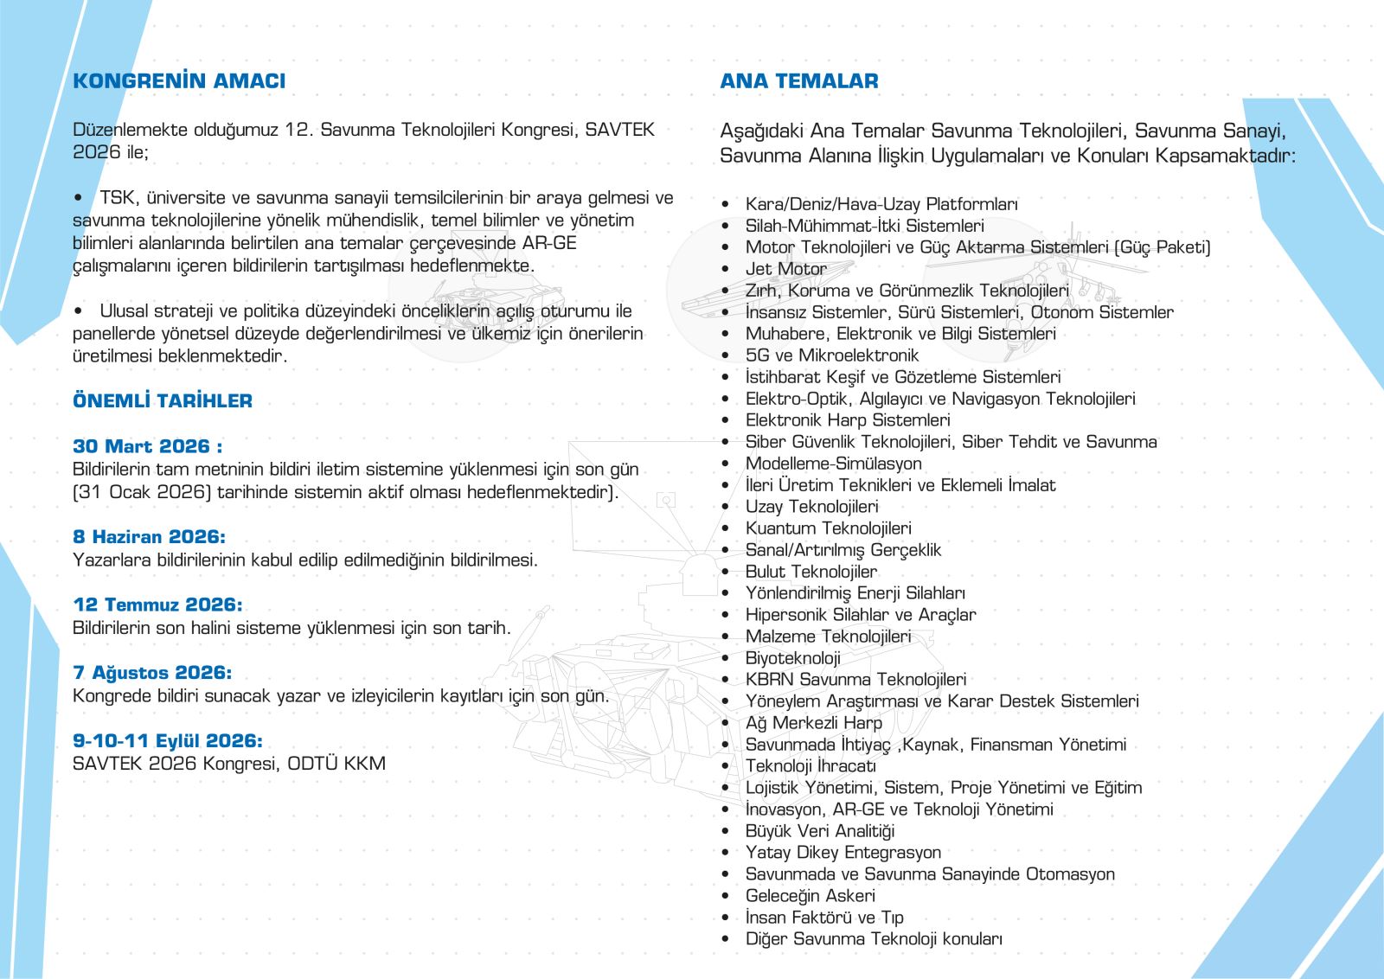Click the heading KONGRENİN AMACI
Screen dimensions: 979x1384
pyautogui.click(x=179, y=81)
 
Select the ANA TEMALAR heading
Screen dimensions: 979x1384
pyautogui.click(x=798, y=81)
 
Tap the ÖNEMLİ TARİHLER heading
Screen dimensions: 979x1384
pyautogui.click(x=163, y=400)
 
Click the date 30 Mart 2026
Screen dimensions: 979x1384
pyautogui.click(x=147, y=446)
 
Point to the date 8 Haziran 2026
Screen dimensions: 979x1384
pyautogui.click(x=149, y=537)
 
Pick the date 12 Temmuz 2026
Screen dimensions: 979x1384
pyautogui.click(x=157, y=605)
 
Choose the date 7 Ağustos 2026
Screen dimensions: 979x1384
pyautogui.click(x=152, y=673)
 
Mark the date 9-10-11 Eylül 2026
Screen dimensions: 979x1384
pyautogui.click(x=167, y=741)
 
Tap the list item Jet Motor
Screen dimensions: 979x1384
pyautogui.click(x=785, y=269)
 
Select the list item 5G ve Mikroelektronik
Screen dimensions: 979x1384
pyautogui.click(x=831, y=355)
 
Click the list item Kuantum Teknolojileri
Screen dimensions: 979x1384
pyautogui.click(x=828, y=528)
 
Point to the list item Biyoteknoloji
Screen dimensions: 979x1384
pyautogui.click(x=792, y=658)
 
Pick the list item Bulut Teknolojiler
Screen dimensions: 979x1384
pyautogui.click(x=811, y=572)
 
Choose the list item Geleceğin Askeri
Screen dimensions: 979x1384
pyautogui.click(x=810, y=896)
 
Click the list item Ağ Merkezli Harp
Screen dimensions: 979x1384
pyautogui.click(x=813, y=723)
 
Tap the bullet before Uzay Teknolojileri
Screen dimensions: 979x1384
pyautogui.click(x=726, y=508)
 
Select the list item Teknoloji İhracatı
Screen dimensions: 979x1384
pyautogui.click(x=811, y=766)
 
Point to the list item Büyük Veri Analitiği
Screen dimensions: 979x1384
pyautogui.click(x=819, y=831)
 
